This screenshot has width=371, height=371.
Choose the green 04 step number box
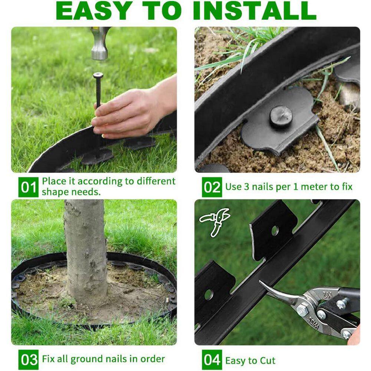212,360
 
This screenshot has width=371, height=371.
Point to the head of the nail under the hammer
98,75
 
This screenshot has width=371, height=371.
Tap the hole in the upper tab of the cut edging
275,231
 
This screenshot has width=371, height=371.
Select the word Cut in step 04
266,360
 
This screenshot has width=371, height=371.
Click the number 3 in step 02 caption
246,187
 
